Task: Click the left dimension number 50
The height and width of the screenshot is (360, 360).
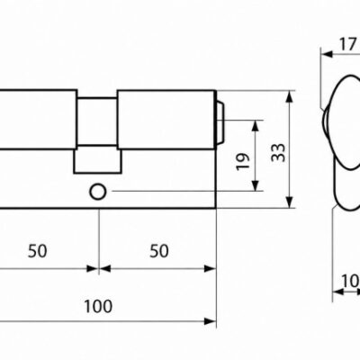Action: pyautogui.click(x=38, y=251)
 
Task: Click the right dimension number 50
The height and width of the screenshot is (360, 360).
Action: pyautogui.click(x=159, y=251)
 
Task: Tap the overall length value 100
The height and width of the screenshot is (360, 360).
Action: pyautogui.click(x=98, y=306)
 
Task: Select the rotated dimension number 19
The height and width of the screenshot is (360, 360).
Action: pyautogui.click(x=243, y=162)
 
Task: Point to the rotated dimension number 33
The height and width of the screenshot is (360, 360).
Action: pyautogui.click(x=278, y=153)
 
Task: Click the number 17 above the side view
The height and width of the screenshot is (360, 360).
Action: pyautogui.click(x=347, y=45)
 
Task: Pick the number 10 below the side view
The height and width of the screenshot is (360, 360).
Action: pyautogui.click(x=350, y=282)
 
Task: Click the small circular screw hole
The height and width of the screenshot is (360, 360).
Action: pyautogui.click(x=98, y=192)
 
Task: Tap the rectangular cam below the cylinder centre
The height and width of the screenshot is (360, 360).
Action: pyautogui.click(x=98, y=161)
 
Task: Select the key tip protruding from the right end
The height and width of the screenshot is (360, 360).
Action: pyautogui.click(x=220, y=123)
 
